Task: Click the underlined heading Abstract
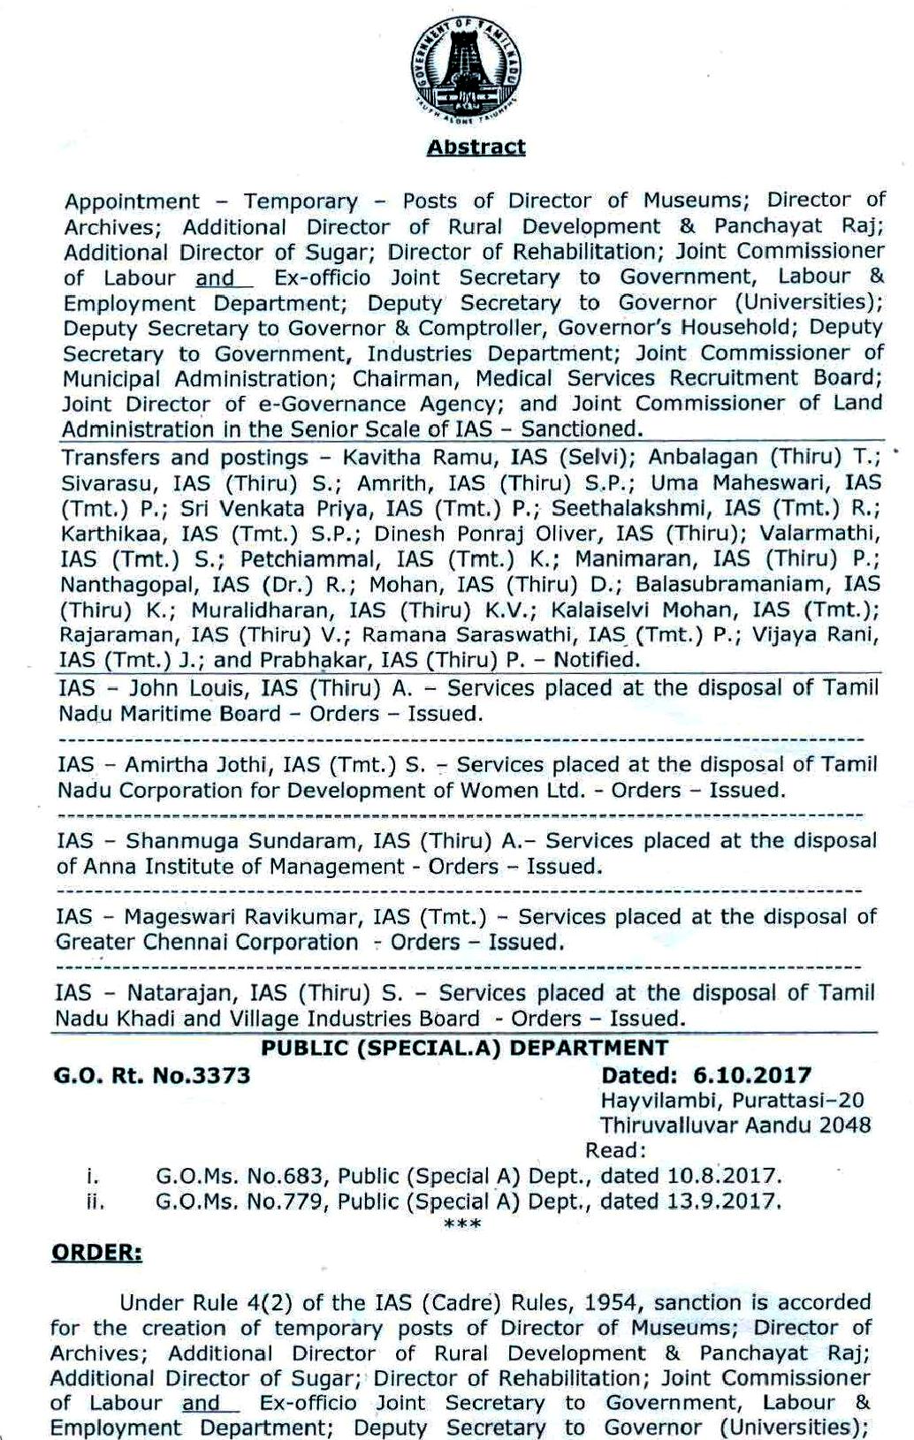476,148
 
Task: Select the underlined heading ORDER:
95,1252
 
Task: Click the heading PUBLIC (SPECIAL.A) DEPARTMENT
465,1048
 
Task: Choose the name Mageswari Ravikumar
242,916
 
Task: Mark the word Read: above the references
615,1150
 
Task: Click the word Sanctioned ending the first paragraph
579,429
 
